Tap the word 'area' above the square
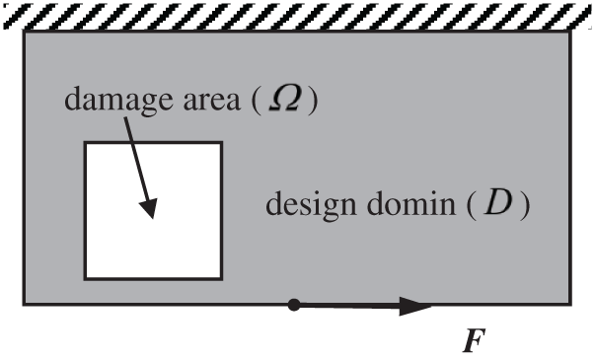point(205,101)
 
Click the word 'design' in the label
point(307,208)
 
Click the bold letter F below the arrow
point(474,341)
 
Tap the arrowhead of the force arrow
point(419,307)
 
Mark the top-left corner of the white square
point(85,143)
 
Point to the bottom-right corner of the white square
point(221,278)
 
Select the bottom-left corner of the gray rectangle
point(24,304)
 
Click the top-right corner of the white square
point(221,143)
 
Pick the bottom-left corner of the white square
point(85,278)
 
